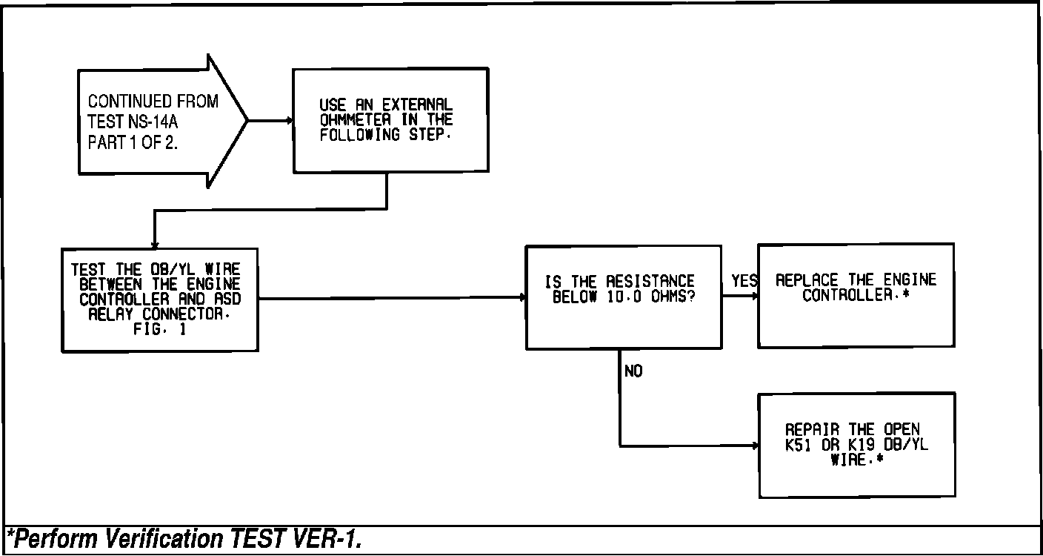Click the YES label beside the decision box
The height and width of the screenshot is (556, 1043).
(744, 282)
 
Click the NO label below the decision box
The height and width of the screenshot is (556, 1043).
(633, 371)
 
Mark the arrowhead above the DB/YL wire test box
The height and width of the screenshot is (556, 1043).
(154, 245)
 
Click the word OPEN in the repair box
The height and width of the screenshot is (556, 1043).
(901, 429)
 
